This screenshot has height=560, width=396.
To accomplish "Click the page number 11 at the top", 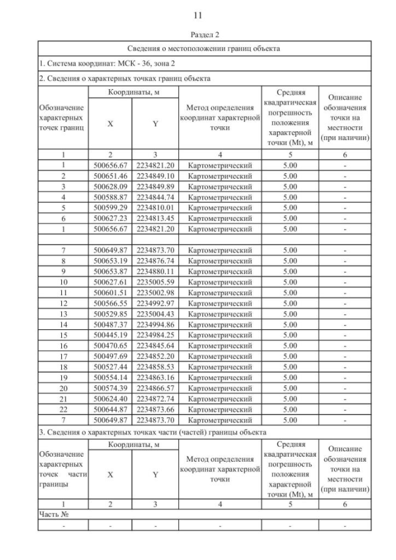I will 198,14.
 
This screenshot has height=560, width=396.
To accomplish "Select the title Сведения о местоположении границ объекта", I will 204,48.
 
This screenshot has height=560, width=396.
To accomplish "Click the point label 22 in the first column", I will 62,410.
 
